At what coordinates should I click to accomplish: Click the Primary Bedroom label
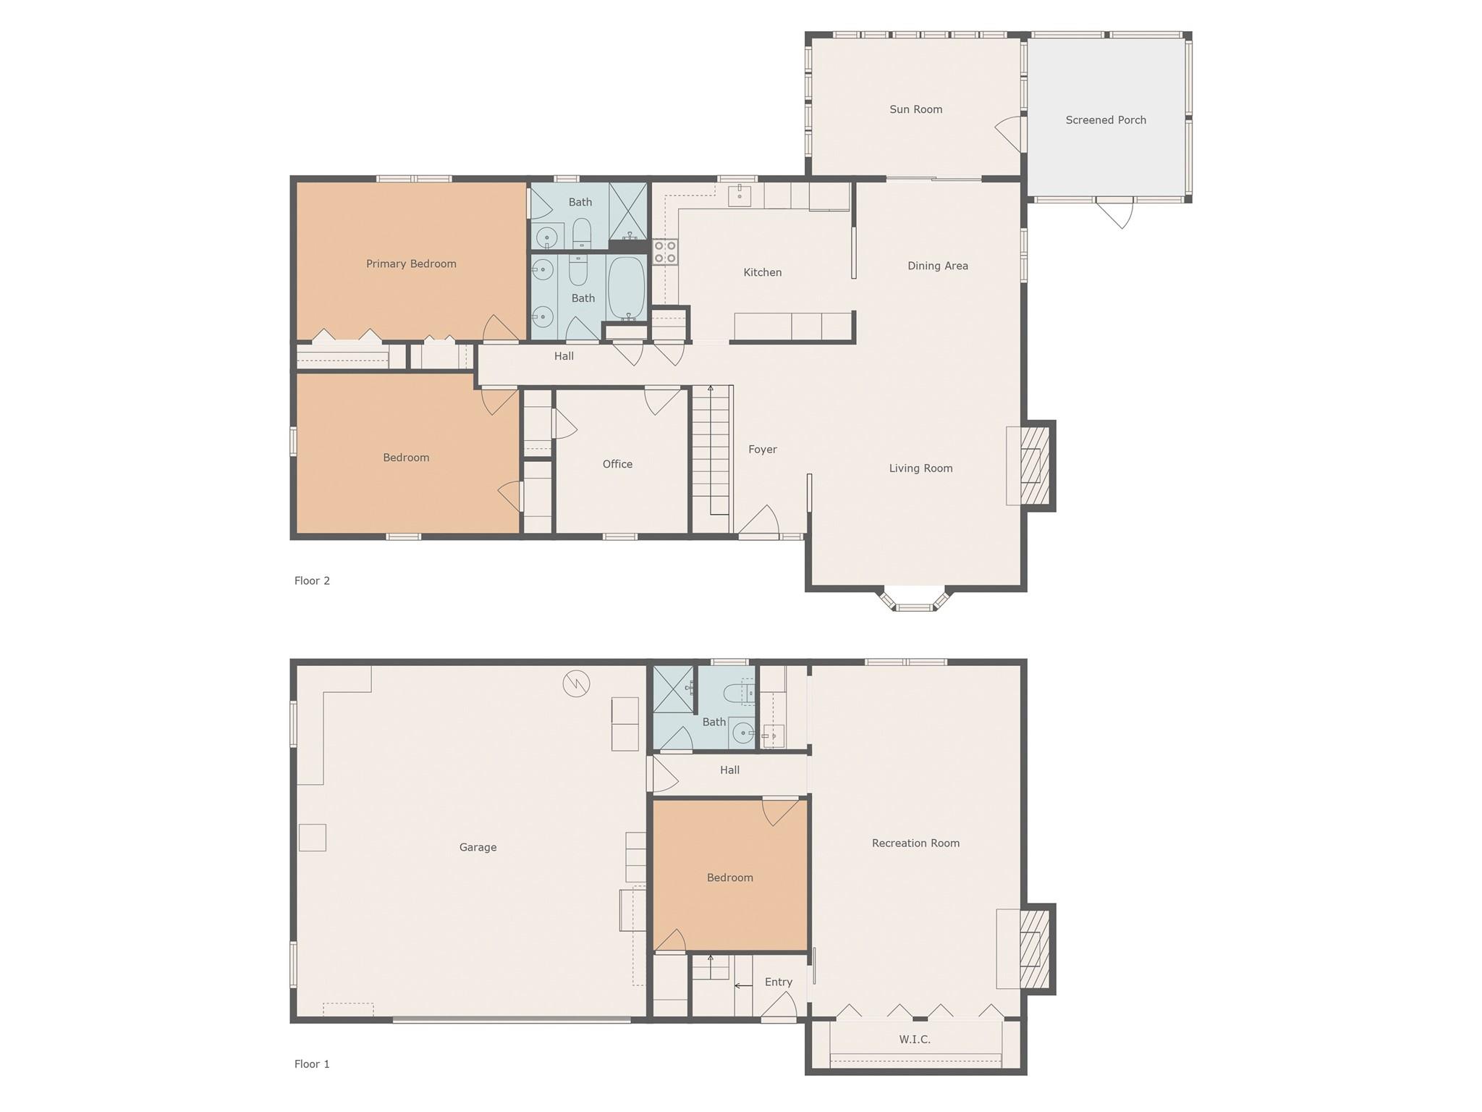[x=411, y=264]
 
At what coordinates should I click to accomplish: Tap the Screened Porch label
[x=1106, y=120]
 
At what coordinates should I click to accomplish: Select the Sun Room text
[x=916, y=109]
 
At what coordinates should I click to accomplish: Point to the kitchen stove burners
[x=665, y=252]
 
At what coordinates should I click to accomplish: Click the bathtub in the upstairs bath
[x=626, y=289]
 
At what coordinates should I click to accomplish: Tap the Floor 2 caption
[x=312, y=581]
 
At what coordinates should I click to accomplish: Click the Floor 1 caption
[x=312, y=1064]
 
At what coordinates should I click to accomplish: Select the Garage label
[x=478, y=847]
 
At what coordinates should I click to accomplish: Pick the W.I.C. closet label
[x=915, y=1040]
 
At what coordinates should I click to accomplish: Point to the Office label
[x=617, y=464]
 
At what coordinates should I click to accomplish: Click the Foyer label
[x=763, y=450]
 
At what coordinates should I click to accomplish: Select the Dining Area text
[x=938, y=266]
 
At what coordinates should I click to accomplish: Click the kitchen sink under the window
[x=740, y=195]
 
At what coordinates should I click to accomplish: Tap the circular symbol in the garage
[x=577, y=683]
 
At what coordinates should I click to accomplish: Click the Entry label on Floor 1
[x=779, y=982]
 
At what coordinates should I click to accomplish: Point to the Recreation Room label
[x=915, y=843]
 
